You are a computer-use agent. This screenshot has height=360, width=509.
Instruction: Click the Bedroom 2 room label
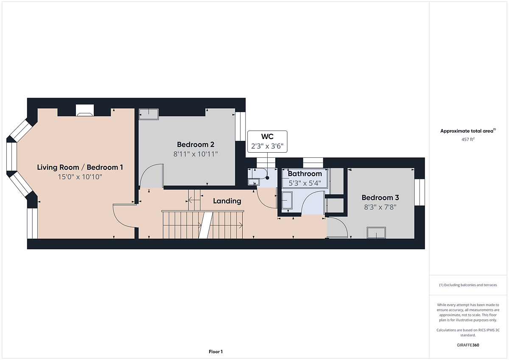tap(196, 145)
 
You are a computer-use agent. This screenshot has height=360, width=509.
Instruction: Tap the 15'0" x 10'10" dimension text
tap(80, 177)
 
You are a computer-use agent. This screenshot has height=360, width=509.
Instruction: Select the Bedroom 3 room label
tap(380, 198)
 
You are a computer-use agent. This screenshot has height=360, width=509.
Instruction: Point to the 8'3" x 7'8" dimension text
tap(380, 207)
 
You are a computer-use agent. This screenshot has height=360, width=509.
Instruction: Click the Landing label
tap(227, 201)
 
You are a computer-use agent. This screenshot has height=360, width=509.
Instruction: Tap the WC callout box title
tap(267, 137)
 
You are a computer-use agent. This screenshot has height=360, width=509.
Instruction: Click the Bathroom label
tap(305, 173)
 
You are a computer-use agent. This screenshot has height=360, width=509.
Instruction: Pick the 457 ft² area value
tap(468, 139)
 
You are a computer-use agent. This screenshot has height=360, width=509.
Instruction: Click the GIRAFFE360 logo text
tap(468, 345)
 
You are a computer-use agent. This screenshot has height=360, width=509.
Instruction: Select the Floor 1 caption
tap(215, 352)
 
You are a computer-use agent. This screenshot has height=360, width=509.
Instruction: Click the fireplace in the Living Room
tap(85, 110)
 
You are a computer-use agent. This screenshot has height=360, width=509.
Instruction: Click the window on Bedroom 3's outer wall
tap(420, 193)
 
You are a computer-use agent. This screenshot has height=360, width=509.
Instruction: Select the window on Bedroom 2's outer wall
tap(240, 126)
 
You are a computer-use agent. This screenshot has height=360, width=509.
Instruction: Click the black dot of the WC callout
tap(268, 178)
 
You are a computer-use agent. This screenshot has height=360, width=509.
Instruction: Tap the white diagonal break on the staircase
tap(206, 225)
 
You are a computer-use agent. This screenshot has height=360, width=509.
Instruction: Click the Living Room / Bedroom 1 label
tap(80, 167)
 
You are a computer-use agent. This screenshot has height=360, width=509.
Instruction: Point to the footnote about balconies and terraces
tap(468, 285)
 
